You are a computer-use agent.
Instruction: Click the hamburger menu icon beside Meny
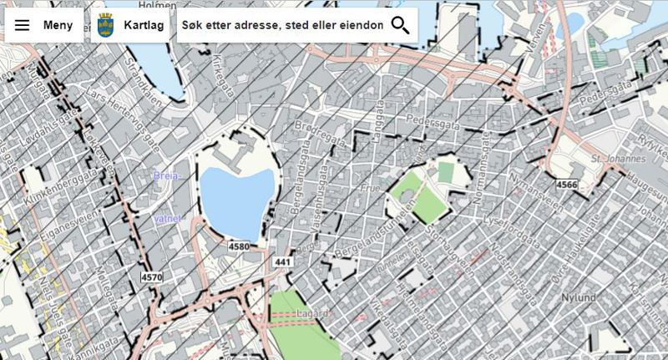23,25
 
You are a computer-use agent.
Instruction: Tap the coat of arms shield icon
105,25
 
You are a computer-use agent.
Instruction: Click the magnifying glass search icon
400,25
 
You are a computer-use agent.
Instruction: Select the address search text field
282,25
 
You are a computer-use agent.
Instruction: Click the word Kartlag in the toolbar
143,25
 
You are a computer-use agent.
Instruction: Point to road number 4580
239,247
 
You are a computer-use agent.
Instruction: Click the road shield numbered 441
281,261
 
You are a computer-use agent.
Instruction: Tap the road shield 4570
152,276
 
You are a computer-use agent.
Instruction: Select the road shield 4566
566,185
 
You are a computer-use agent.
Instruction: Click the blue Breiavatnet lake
236,200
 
